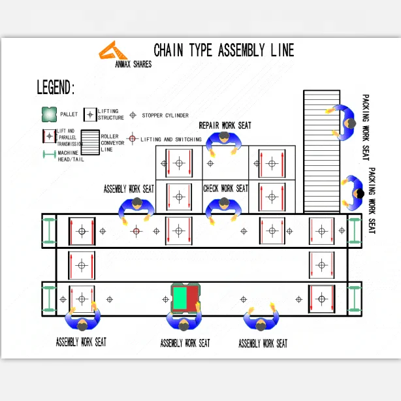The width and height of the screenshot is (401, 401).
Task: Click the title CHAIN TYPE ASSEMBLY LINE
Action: click(x=223, y=50)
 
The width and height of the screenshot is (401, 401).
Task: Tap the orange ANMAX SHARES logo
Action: click(x=116, y=52)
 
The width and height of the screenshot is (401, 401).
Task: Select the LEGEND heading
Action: click(x=56, y=88)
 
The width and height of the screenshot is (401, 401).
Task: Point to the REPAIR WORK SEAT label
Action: click(x=225, y=125)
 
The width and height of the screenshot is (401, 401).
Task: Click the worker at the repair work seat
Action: click(x=225, y=142)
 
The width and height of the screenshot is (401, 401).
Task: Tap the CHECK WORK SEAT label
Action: click(x=226, y=189)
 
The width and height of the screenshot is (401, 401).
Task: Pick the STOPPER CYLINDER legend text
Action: click(x=165, y=115)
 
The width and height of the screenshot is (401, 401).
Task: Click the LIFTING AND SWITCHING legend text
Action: click(x=171, y=139)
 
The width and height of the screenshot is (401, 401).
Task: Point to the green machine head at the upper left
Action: click(x=49, y=231)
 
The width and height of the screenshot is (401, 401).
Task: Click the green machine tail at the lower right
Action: click(x=354, y=298)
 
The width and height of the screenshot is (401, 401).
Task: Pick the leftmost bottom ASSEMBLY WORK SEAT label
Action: click(x=81, y=342)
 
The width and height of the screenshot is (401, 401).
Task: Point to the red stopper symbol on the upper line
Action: click(x=136, y=231)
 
